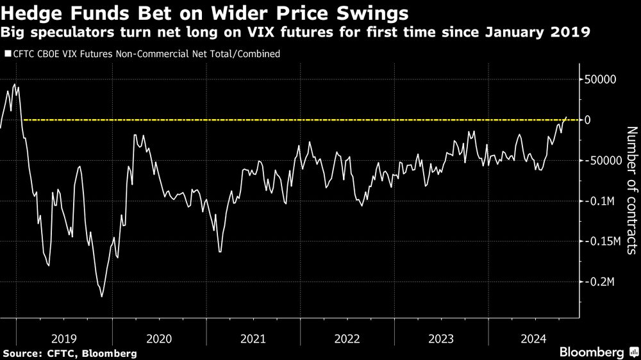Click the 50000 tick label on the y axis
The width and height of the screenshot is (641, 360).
pyautogui.click(x=598, y=79)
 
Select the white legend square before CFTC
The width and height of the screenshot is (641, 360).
pyautogui.click(x=8, y=54)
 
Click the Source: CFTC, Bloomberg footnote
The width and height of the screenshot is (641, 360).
pyautogui.click(x=69, y=353)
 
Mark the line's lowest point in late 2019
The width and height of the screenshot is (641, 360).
pyautogui.click(x=101, y=297)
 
